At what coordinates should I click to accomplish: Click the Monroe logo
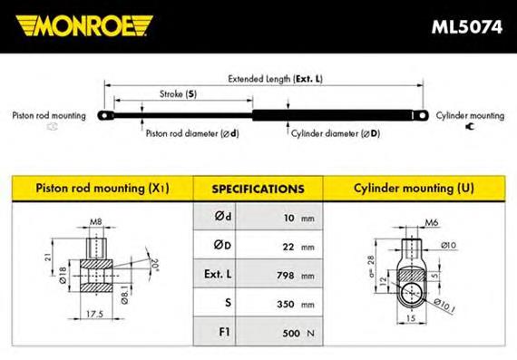click(84, 25)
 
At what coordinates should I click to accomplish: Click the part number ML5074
click(467, 27)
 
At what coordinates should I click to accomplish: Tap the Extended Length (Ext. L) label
click(276, 79)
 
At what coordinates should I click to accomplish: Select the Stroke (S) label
click(178, 94)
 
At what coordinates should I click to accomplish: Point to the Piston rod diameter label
click(192, 133)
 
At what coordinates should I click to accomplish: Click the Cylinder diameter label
click(336, 133)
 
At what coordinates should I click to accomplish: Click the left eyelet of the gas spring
click(105, 116)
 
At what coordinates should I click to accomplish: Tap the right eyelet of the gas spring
click(422, 116)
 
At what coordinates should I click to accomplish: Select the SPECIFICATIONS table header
click(258, 190)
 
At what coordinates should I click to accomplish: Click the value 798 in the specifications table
click(286, 275)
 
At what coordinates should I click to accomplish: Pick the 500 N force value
click(298, 333)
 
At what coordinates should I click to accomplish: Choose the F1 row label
click(224, 332)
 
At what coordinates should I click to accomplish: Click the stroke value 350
click(286, 304)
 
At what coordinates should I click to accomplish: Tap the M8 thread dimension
click(96, 222)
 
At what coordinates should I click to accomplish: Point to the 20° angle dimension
click(154, 265)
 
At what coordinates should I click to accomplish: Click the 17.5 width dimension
click(94, 314)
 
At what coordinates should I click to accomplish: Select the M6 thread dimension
click(432, 222)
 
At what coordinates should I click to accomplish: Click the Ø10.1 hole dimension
click(444, 306)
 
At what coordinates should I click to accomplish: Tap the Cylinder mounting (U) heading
click(414, 189)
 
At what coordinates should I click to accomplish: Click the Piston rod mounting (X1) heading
click(102, 189)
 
